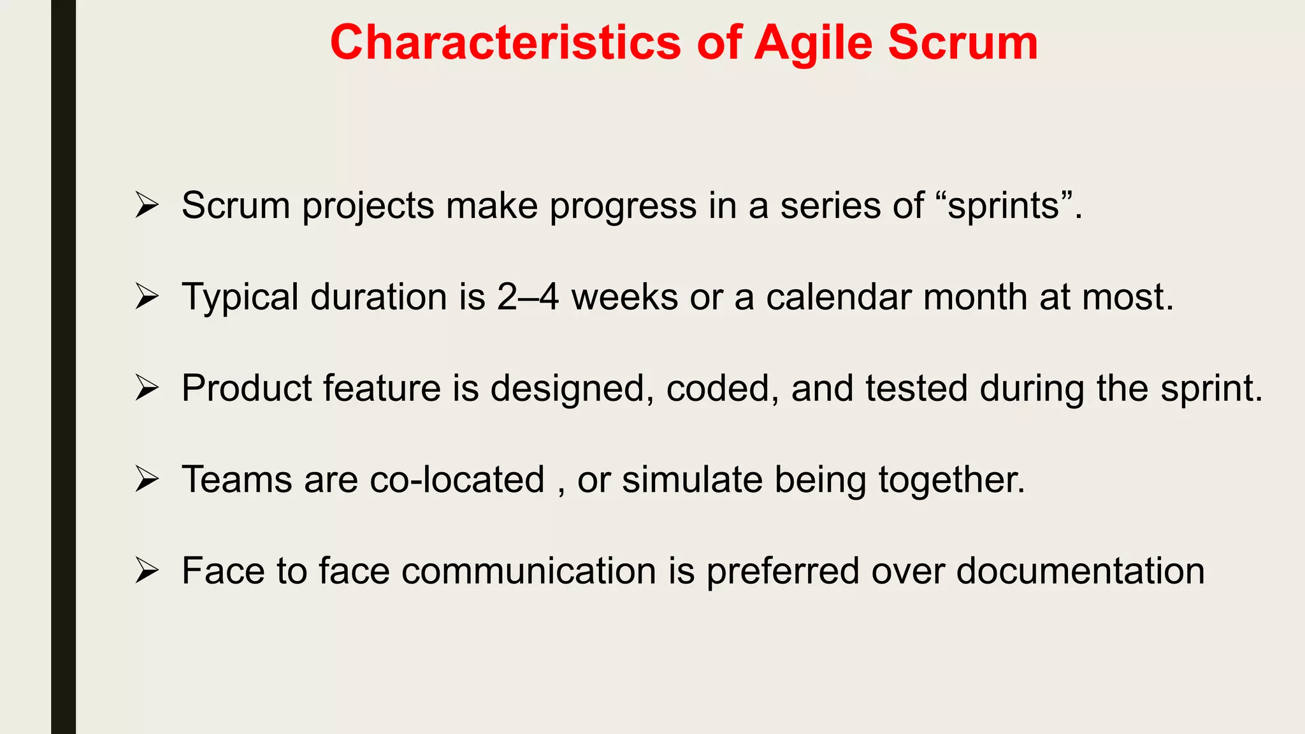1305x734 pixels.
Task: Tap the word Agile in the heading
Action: tap(812, 43)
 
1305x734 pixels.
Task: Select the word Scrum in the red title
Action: tap(963, 43)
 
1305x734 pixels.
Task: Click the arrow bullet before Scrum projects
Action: tap(147, 206)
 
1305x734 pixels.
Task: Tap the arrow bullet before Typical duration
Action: tap(147, 297)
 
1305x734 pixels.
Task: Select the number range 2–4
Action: tap(528, 297)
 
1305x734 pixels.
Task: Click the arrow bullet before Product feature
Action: tap(147, 388)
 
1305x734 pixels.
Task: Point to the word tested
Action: tap(916, 388)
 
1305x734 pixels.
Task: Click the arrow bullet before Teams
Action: tap(147, 479)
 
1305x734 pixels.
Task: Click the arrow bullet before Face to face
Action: tap(147, 570)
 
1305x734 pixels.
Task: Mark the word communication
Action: tap(529, 570)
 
